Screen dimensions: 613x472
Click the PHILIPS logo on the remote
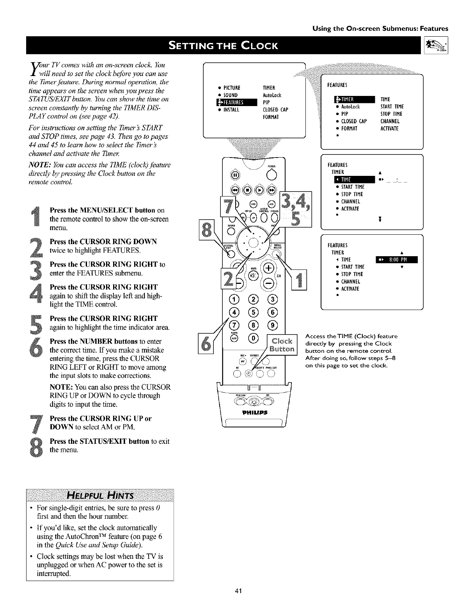[254, 413]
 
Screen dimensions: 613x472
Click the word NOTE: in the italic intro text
[40, 165]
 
